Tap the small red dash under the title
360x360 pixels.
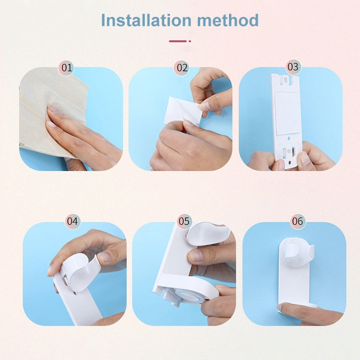[178, 41]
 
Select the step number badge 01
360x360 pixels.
[67, 68]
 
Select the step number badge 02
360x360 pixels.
[181, 68]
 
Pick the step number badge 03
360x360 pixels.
[293, 67]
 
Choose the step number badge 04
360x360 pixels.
[72, 221]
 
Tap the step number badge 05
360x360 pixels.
[184, 221]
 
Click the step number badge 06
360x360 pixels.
[298, 221]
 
